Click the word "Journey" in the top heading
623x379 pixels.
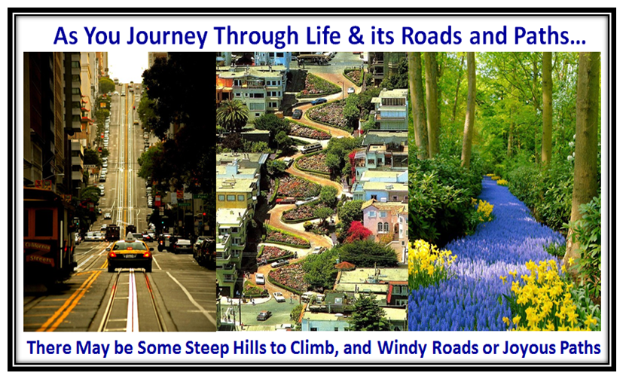[166, 37]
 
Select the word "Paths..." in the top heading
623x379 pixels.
[549, 35]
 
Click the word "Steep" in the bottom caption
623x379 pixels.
[207, 348]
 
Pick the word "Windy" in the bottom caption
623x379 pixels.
[402, 348]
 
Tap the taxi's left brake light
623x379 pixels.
[112, 254]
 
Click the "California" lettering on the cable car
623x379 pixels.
[38, 246]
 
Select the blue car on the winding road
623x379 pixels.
[319, 101]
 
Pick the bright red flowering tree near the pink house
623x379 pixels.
[357, 231]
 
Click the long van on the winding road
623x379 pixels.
[312, 148]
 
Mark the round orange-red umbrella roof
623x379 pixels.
[345, 265]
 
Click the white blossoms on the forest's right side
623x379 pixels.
[571, 151]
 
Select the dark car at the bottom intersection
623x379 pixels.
[264, 316]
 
